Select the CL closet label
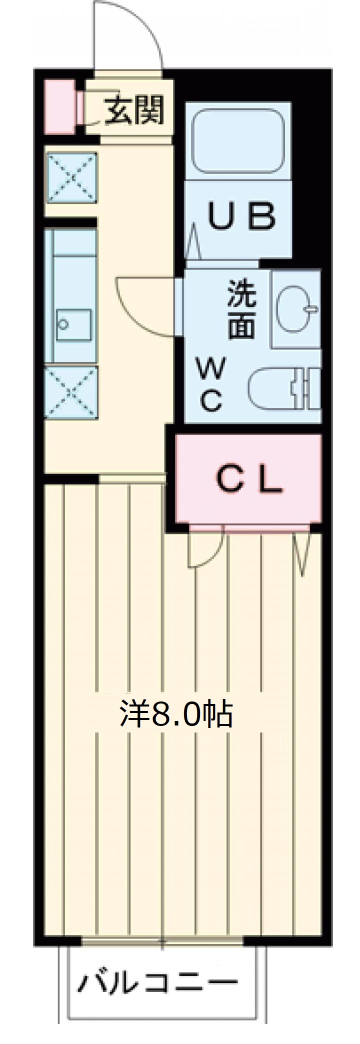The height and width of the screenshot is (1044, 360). (x=249, y=480)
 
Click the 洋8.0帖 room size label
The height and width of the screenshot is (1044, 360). (x=176, y=713)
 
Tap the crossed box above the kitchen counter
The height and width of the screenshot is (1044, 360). (x=71, y=177)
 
